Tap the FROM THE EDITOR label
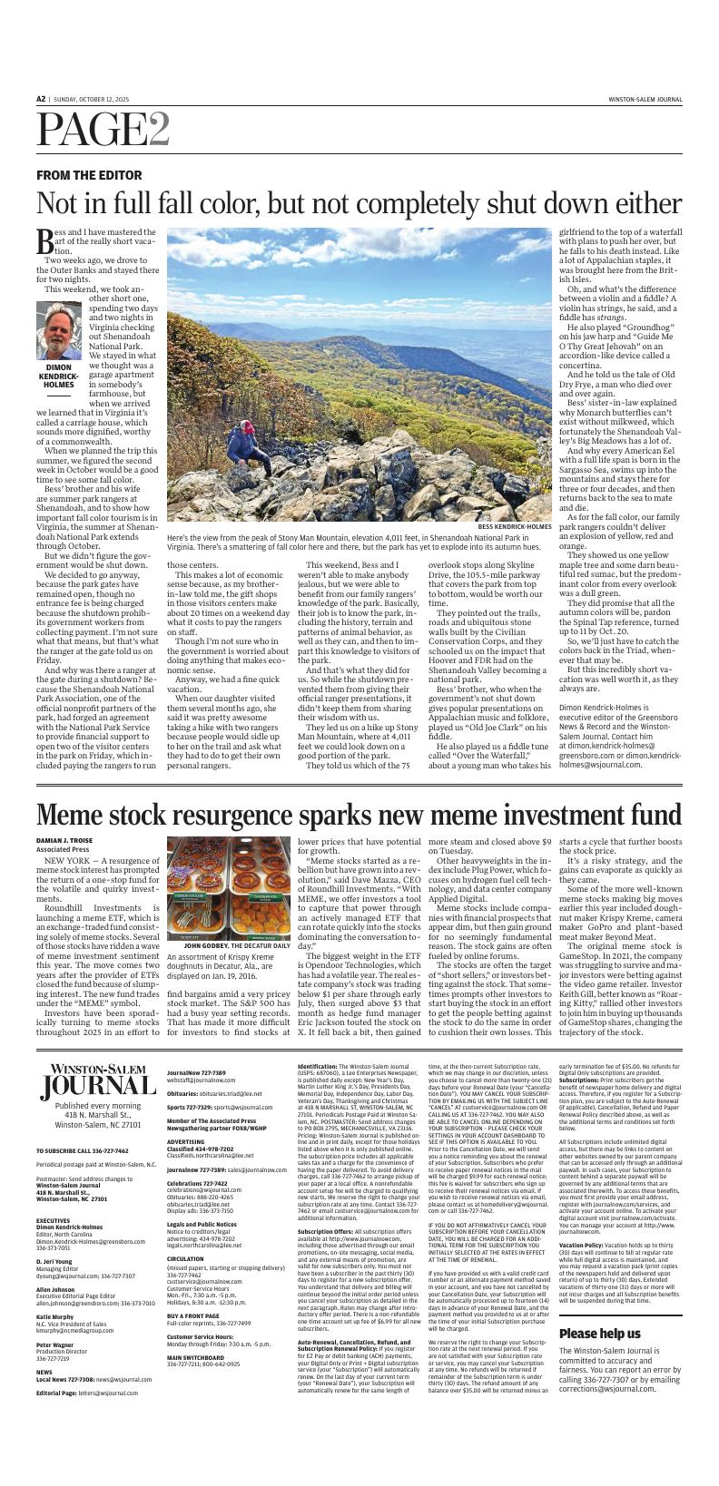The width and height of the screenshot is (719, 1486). (89, 175)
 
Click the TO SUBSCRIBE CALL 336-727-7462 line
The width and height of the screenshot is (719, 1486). (83, 1150)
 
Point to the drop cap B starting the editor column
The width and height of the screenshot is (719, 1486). (45, 240)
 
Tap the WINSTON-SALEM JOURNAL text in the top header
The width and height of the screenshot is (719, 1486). (645, 99)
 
